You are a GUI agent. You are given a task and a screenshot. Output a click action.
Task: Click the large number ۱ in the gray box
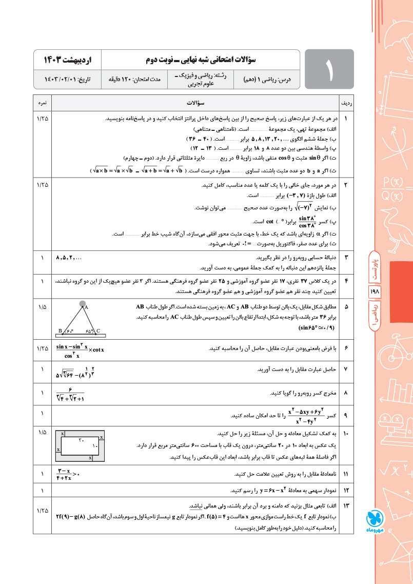(x=328, y=69)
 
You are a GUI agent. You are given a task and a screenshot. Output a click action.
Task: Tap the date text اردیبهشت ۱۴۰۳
(x=67, y=59)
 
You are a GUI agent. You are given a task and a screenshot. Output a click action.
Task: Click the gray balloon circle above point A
(x=82, y=304)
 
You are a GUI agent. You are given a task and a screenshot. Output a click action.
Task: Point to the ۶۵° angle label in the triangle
(x=90, y=332)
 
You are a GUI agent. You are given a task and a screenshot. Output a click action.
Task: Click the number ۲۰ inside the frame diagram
(x=81, y=440)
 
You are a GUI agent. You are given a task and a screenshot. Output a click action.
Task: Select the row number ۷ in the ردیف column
(x=346, y=369)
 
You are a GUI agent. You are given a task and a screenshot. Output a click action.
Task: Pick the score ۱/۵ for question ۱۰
(x=42, y=434)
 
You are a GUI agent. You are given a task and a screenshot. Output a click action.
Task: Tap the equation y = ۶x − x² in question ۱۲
(x=255, y=490)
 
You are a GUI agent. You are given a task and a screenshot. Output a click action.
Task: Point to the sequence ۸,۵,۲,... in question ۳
(x=72, y=258)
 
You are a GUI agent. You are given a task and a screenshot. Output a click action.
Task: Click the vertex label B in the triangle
(x=61, y=331)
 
